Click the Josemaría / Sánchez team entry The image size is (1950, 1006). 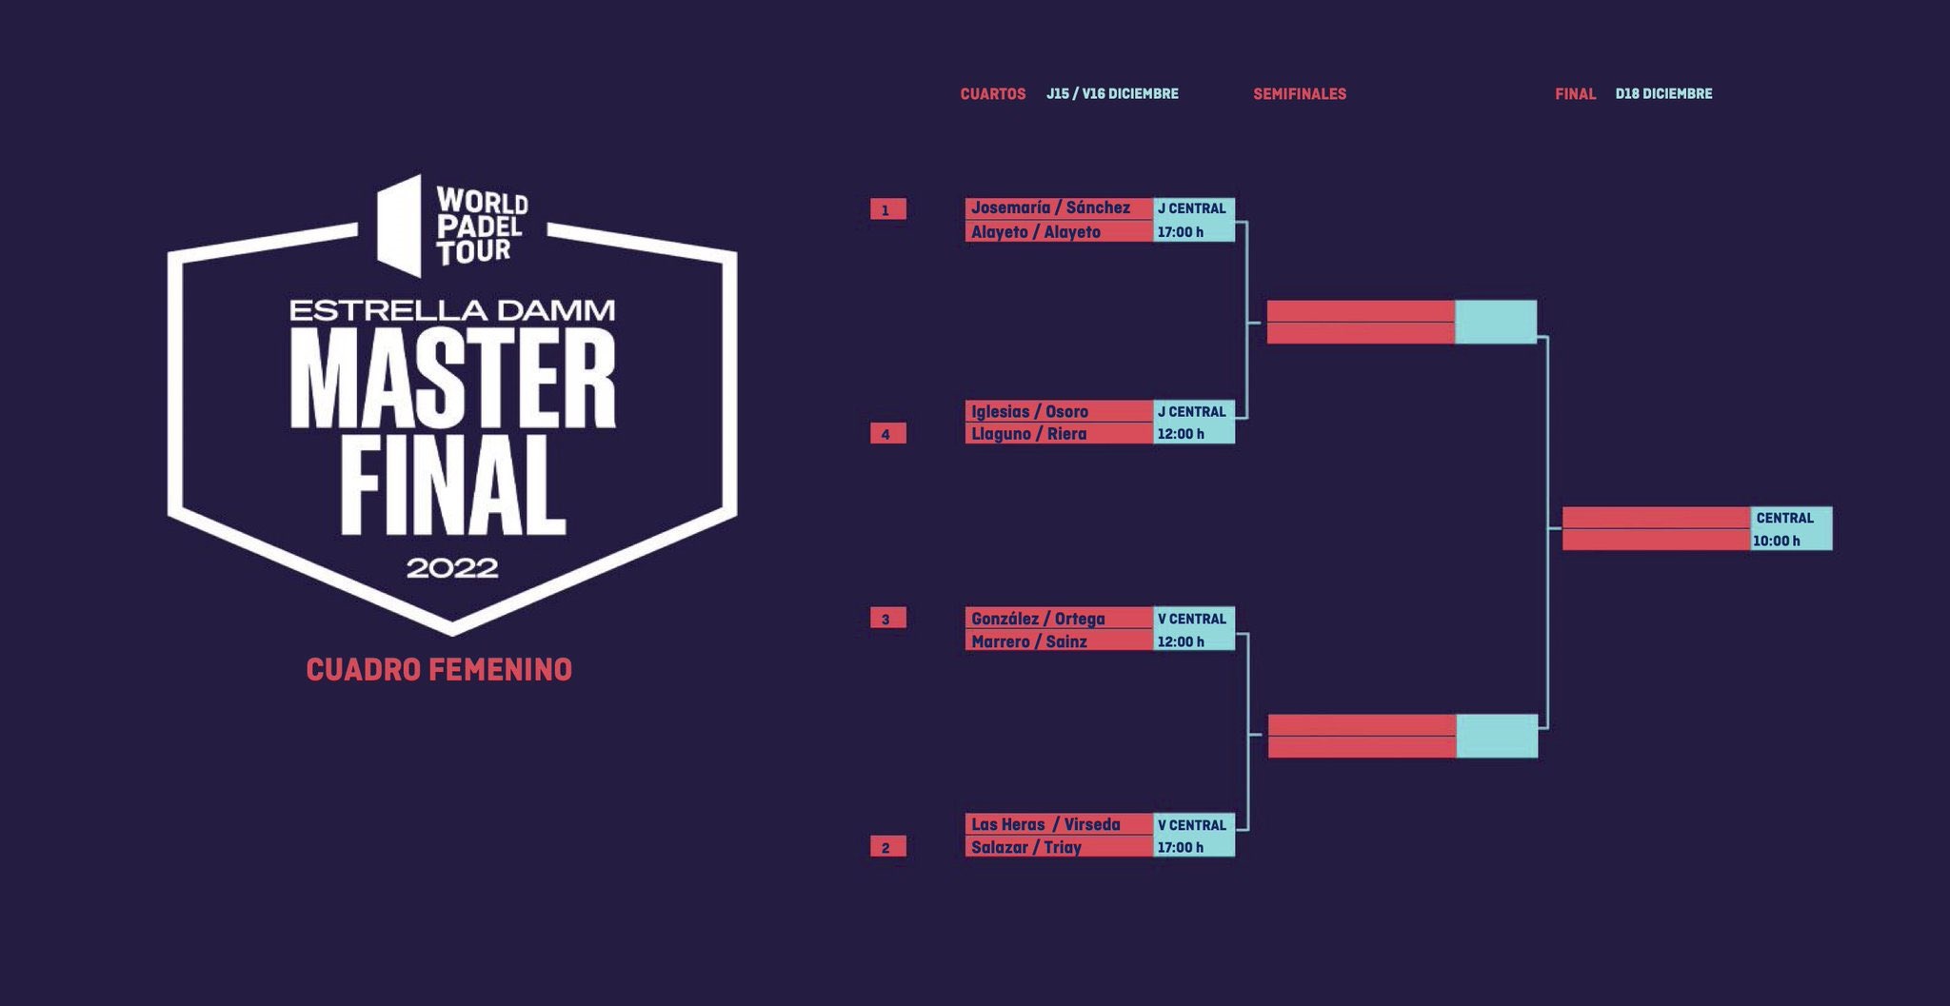point(1050,207)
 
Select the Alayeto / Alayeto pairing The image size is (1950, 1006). point(1036,232)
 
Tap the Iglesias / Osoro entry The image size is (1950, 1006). point(1029,411)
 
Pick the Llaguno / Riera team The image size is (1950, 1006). point(1028,434)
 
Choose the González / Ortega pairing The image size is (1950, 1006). point(1038,619)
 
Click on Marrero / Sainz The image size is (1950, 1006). point(1029,641)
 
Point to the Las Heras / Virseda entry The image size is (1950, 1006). point(1045,824)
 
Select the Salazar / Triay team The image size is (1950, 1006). point(1026,847)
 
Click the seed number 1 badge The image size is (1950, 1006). point(887,209)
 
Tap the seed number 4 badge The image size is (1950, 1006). point(887,434)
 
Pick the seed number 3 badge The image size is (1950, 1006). point(887,619)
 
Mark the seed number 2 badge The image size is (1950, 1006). point(887,847)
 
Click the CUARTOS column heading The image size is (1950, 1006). point(993,94)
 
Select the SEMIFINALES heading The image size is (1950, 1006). point(1300,94)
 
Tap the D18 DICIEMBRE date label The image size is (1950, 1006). point(1663,94)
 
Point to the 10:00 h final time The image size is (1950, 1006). point(1777,541)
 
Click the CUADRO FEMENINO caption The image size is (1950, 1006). point(439,670)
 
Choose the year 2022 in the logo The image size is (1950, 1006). point(452,568)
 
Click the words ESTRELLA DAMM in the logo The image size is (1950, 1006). point(452,310)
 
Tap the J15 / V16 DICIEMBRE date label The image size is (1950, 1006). point(1112,94)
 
